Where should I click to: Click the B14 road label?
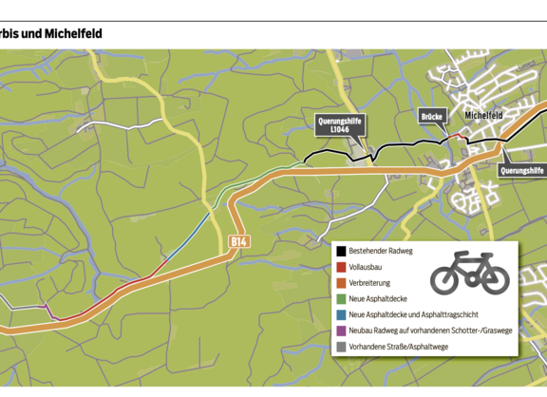click(x=239, y=244)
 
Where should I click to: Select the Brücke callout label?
click(x=432, y=116)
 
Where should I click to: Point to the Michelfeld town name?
click(x=482, y=116)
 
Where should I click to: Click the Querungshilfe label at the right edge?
click(x=521, y=170)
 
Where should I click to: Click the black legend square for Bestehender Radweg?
click(x=340, y=252)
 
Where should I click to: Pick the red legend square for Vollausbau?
click(x=340, y=267)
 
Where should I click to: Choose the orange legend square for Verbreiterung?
click(x=340, y=282)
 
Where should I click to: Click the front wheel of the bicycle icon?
click(x=494, y=278)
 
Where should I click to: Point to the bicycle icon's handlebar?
click(x=484, y=255)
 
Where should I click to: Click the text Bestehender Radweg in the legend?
click(x=386, y=252)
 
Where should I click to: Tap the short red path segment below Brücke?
click(x=459, y=137)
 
